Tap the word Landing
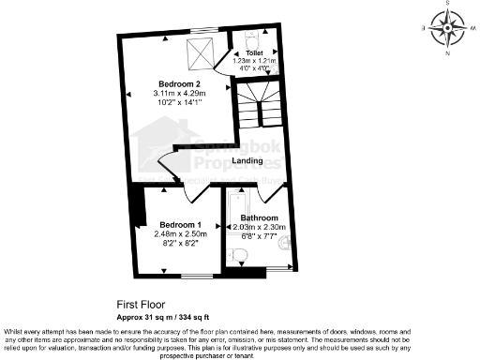[x=247, y=160]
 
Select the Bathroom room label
[x=259, y=217]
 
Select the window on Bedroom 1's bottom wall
[x=197, y=275]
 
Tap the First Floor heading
[x=140, y=305]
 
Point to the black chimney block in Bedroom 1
[x=139, y=207]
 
